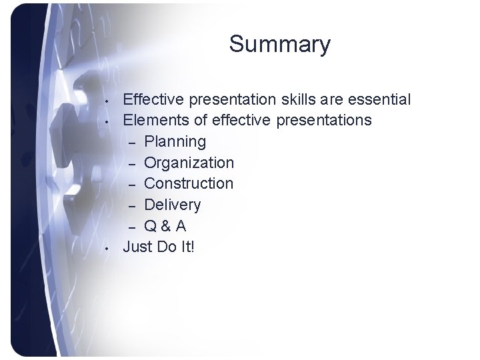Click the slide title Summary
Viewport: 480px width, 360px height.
(x=279, y=45)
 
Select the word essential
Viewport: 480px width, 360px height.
(x=377, y=100)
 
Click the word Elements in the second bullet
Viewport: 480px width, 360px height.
(x=152, y=121)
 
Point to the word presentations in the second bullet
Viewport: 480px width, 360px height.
(x=315, y=121)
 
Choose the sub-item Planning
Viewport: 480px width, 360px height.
(x=175, y=141)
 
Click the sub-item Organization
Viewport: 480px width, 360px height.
(x=189, y=163)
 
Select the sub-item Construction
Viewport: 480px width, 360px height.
(x=189, y=183)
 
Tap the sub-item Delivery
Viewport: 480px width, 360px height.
(x=172, y=204)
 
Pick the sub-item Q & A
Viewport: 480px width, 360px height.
(x=165, y=225)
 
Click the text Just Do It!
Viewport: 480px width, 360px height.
(x=159, y=246)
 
